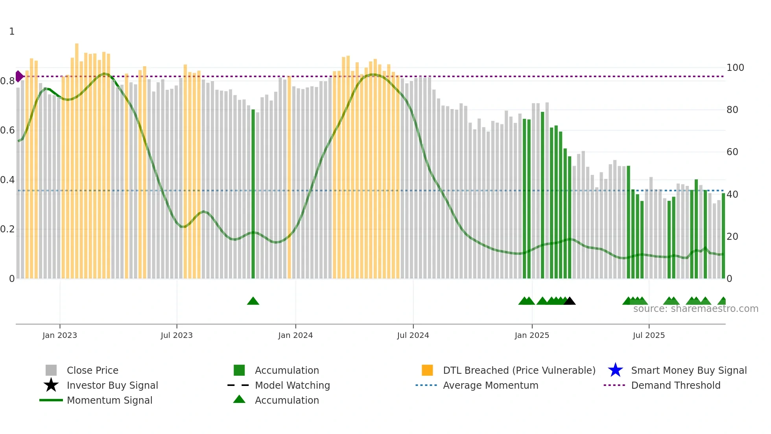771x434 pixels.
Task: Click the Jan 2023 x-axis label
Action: pos(60,335)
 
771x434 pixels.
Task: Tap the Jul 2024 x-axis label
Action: pos(413,335)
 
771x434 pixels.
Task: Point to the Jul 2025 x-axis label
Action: pos(649,335)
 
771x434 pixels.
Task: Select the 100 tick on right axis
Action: pos(735,68)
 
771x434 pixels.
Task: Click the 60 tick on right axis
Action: pos(732,152)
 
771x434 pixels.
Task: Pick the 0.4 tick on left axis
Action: pos(7,180)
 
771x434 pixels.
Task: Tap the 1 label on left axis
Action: pos(12,32)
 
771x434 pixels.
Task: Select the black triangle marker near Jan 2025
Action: pos(569,301)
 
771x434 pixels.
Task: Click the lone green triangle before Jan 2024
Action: pos(253,301)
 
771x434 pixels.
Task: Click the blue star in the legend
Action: pos(615,370)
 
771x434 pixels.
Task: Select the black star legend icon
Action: pos(51,385)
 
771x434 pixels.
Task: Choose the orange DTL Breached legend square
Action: pos(427,370)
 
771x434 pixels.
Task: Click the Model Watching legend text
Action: pos(292,385)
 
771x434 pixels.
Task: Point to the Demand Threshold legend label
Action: pos(675,385)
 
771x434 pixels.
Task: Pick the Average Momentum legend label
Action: pos(491,385)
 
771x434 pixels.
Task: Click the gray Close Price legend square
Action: pos(51,370)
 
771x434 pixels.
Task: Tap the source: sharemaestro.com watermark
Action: pos(695,309)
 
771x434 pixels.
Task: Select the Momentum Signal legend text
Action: pos(109,400)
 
